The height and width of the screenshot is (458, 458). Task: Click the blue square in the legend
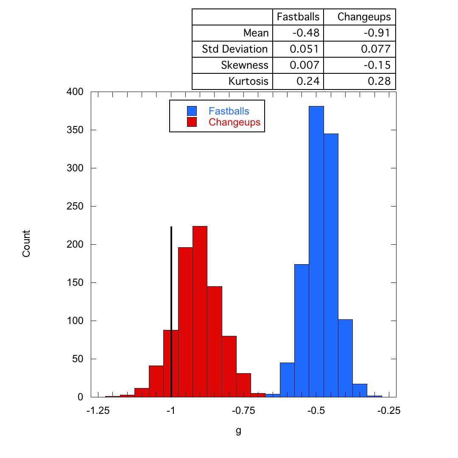point(192,111)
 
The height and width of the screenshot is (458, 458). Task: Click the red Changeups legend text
point(235,123)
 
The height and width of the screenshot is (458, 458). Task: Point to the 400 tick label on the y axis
point(75,92)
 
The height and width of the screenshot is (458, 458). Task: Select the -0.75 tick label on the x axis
point(243,411)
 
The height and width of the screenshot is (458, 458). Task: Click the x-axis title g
point(238,431)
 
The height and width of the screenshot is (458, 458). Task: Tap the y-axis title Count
point(26,243)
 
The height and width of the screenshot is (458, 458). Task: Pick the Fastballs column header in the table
point(298,17)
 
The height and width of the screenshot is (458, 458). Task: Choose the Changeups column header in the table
point(364,17)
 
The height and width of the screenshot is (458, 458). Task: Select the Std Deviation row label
point(235,49)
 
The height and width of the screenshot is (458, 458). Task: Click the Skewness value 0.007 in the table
point(304,65)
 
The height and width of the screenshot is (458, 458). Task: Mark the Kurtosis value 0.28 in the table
point(379,81)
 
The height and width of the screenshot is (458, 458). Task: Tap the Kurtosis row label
point(249,81)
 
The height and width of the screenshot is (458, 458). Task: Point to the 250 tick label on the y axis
point(75,207)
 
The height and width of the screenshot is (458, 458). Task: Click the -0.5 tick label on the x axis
point(316,411)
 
